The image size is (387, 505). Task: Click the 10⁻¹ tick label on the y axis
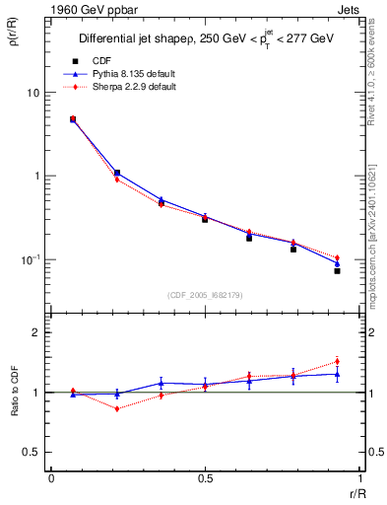click(x=30, y=259)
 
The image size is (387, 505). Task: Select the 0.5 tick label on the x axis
click(x=205, y=478)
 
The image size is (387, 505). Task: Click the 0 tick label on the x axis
click(x=51, y=478)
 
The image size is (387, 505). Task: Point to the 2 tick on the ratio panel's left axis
click(x=36, y=332)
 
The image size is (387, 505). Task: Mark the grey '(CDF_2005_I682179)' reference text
click(x=205, y=295)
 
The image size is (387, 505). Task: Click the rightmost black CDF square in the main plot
click(x=337, y=270)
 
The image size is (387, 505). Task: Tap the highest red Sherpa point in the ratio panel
click(x=337, y=361)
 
